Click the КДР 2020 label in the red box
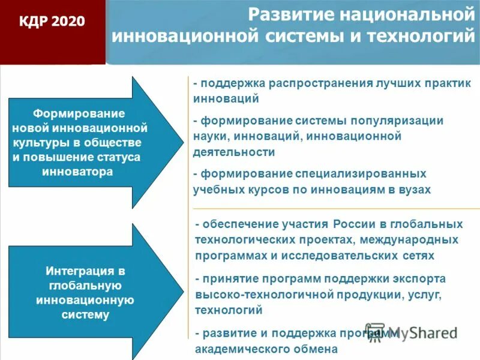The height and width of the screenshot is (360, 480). coord(52,22)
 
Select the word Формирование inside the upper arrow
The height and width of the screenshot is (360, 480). coord(79,113)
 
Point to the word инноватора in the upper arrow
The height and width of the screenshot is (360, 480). coord(78,171)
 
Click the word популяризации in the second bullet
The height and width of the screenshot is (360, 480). coord(397,121)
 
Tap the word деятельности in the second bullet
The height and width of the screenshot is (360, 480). coord(234,152)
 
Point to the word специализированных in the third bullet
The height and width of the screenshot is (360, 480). coord(361,173)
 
